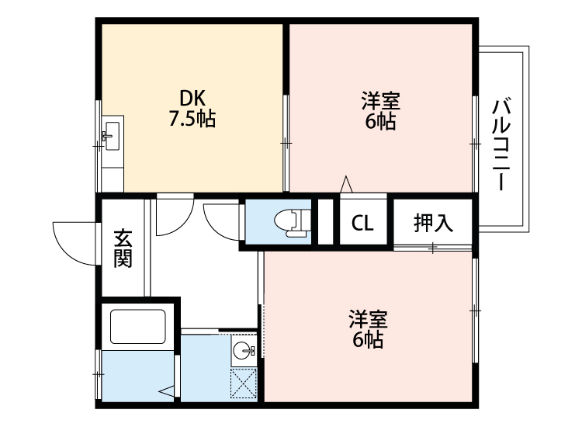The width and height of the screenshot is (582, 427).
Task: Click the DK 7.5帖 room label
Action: (x=192, y=109)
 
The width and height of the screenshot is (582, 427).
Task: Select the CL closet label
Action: (x=362, y=223)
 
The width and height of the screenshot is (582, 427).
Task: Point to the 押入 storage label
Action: (x=432, y=223)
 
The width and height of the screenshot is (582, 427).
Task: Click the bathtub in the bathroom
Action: (x=138, y=326)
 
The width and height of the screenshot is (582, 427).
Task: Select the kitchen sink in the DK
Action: (x=111, y=137)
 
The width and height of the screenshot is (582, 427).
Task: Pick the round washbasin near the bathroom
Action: (x=244, y=350)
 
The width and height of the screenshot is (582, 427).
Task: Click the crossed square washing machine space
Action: (x=244, y=384)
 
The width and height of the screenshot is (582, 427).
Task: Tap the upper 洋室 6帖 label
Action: (x=380, y=111)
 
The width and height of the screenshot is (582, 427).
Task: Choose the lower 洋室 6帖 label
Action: (x=368, y=329)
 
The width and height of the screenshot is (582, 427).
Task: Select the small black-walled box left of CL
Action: (x=325, y=222)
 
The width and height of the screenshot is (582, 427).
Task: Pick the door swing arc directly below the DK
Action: (x=172, y=217)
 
